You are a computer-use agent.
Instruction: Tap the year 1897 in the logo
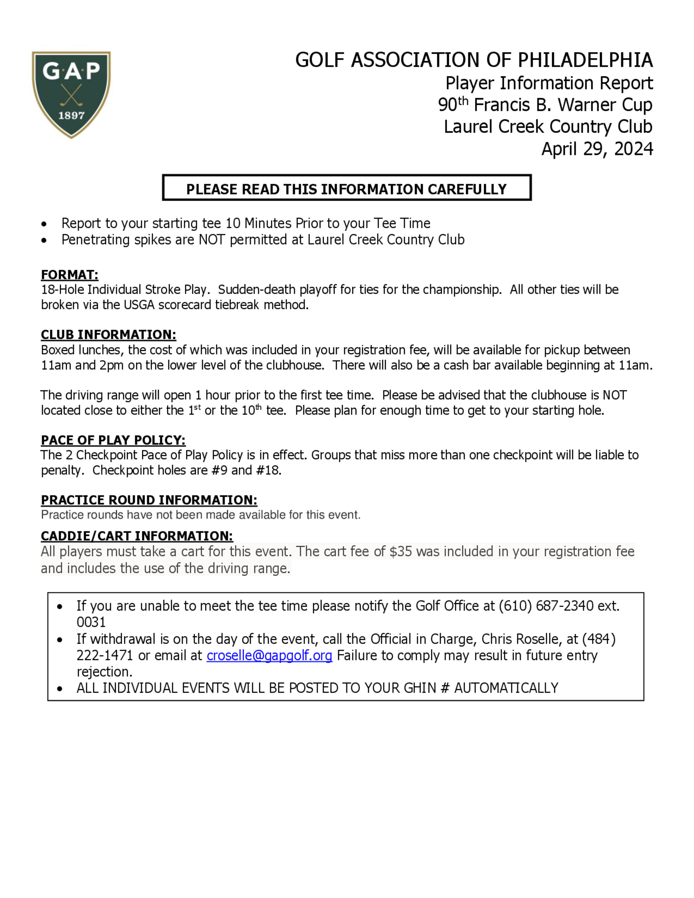coord(71,116)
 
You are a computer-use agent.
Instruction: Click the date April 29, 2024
coord(596,149)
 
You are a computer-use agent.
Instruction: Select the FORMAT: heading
coord(69,275)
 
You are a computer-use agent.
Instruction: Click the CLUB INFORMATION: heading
coord(109,335)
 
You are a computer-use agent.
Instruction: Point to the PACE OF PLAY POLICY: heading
coord(113,440)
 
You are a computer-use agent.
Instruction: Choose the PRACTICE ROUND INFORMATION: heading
coord(149,500)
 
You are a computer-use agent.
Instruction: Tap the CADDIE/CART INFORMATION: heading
coord(137,536)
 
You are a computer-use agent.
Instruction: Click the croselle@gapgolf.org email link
coord(269,655)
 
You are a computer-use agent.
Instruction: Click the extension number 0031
coord(91,622)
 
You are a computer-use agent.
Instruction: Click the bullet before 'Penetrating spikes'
coord(44,240)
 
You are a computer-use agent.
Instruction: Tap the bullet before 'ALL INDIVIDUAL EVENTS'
coord(60,689)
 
